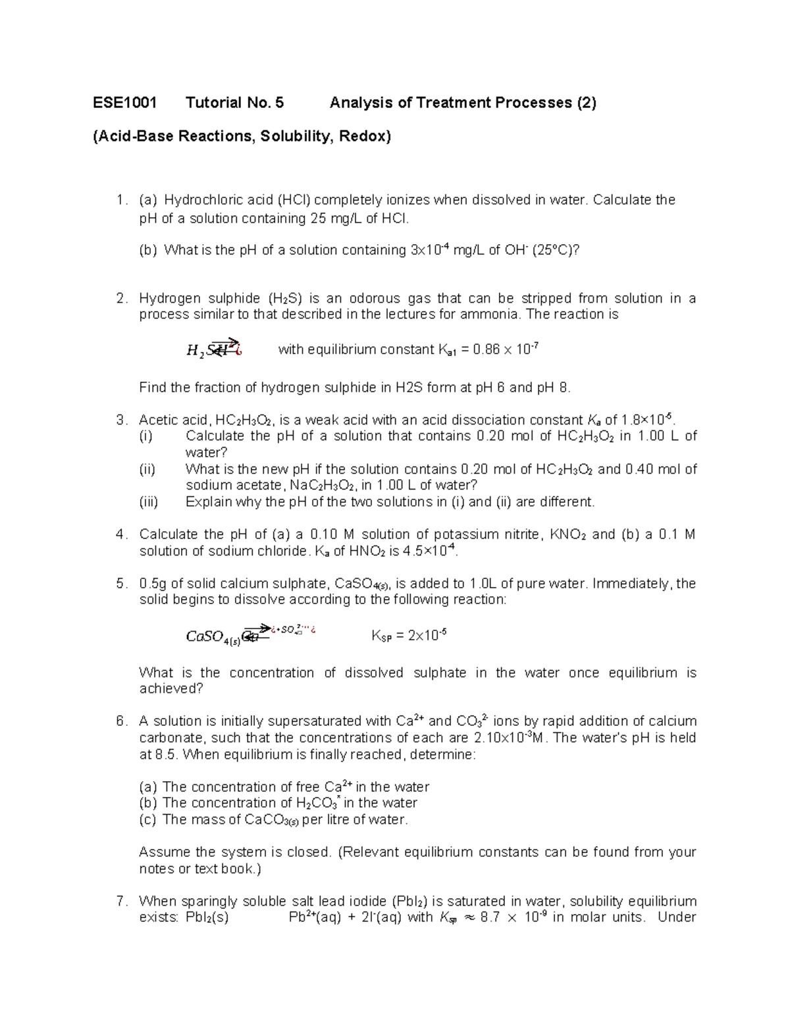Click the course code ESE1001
124,103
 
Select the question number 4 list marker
120,534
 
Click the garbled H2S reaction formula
215,349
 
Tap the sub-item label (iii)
149,502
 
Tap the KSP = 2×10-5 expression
409,636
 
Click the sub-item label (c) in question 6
148,819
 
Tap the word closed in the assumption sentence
309,852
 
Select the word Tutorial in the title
215,103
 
